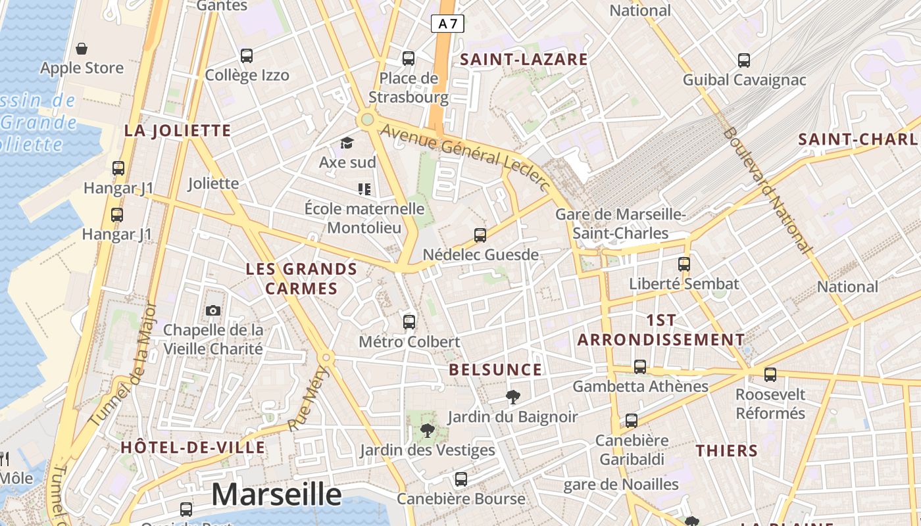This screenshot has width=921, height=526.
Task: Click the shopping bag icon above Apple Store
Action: (x=82, y=49)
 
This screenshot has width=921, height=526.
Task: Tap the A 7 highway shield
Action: (x=447, y=24)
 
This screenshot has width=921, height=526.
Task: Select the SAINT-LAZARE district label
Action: (x=524, y=59)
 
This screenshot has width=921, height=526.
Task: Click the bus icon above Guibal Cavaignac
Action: (x=744, y=60)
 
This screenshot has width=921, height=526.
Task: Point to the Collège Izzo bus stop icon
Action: (x=247, y=56)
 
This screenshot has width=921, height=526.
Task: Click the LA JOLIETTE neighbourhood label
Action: (x=178, y=130)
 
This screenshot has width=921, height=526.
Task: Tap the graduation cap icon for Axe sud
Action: (x=347, y=143)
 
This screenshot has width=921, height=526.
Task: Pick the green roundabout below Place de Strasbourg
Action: (x=366, y=120)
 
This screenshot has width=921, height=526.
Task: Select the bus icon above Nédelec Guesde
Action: (x=480, y=235)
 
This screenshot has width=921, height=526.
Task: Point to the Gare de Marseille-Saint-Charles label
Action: (x=620, y=224)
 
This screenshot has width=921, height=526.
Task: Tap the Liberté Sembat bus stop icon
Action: (x=684, y=264)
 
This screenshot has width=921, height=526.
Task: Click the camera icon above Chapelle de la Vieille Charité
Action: (x=213, y=310)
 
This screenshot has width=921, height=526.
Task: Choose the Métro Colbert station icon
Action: (x=409, y=322)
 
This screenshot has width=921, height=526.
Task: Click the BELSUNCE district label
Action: (x=495, y=370)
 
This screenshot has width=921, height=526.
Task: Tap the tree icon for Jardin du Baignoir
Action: (x=512, y=396)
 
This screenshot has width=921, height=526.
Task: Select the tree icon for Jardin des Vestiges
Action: (x=427, y=431)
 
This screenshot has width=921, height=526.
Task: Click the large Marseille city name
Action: (x=276, y=494)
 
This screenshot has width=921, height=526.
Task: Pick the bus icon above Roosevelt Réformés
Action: (x=770, y=375)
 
